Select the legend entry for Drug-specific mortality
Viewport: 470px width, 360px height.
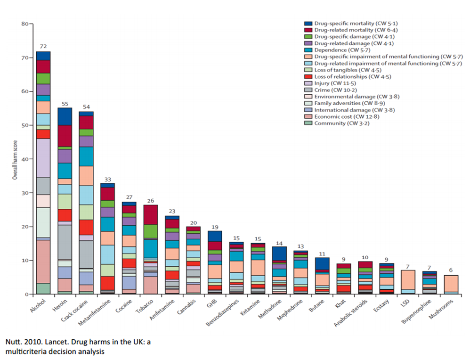coord(351,23)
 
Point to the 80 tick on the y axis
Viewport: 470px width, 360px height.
coord(24,24)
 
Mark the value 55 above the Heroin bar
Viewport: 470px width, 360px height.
coord(65,104)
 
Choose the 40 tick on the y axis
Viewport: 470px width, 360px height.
coord(24,159)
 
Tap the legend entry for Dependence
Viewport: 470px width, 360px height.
coord(337,50)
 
